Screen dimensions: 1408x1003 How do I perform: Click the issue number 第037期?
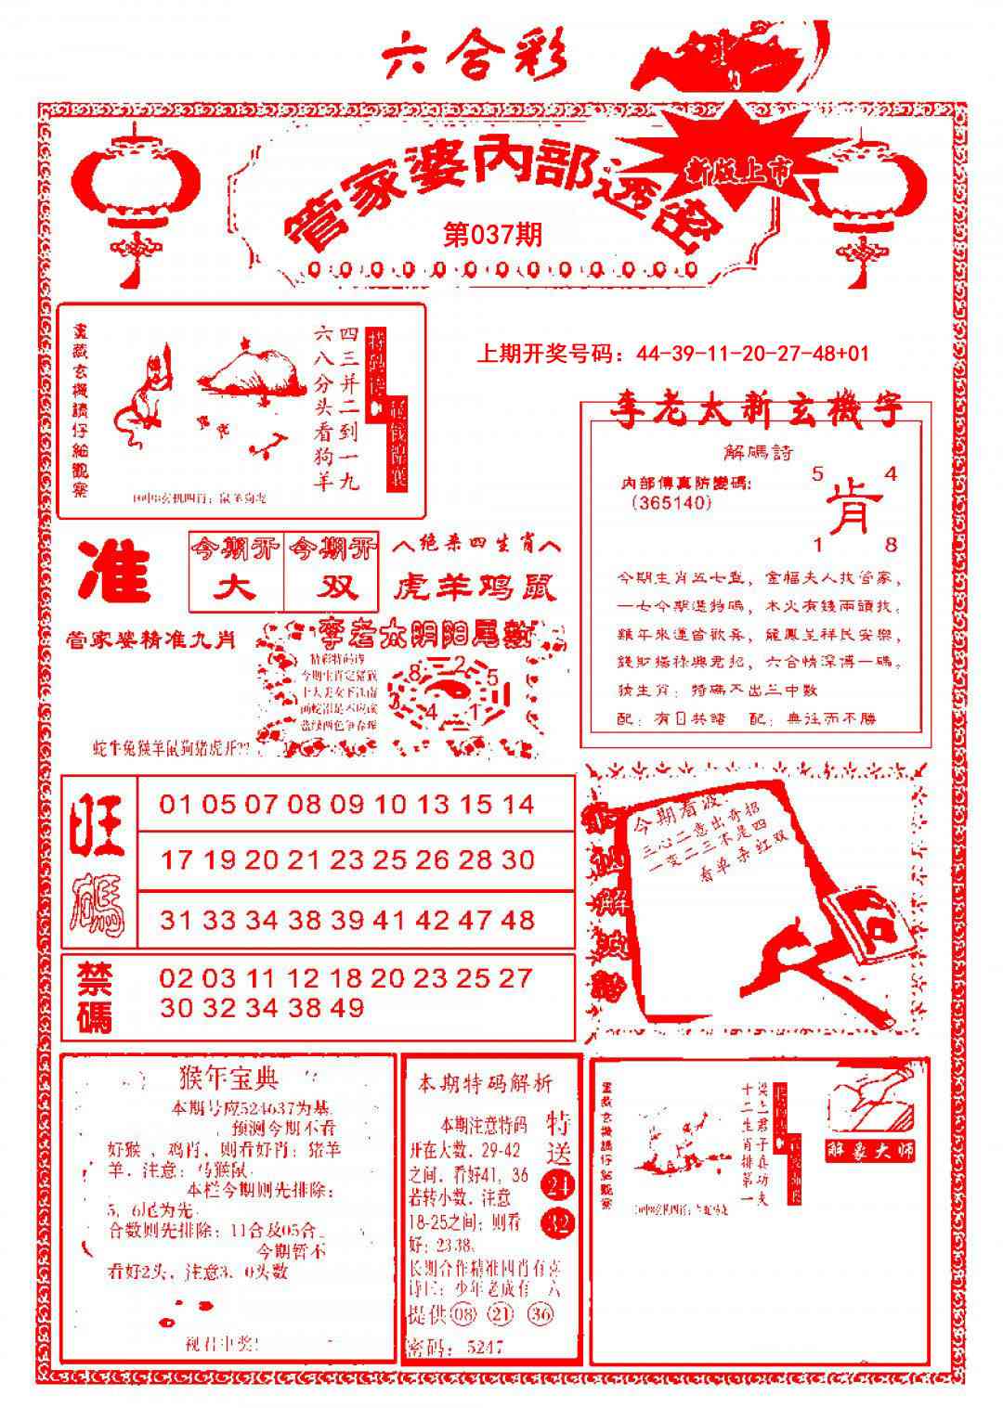(492, 234)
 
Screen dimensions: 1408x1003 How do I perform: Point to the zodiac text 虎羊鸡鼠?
(475, 587)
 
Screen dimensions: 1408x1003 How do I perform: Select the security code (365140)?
(670, 502)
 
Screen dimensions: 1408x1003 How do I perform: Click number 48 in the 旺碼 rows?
(515, 920)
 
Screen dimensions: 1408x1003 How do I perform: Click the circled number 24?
(559, 1185)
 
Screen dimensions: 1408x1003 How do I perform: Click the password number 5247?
(485, 1347)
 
